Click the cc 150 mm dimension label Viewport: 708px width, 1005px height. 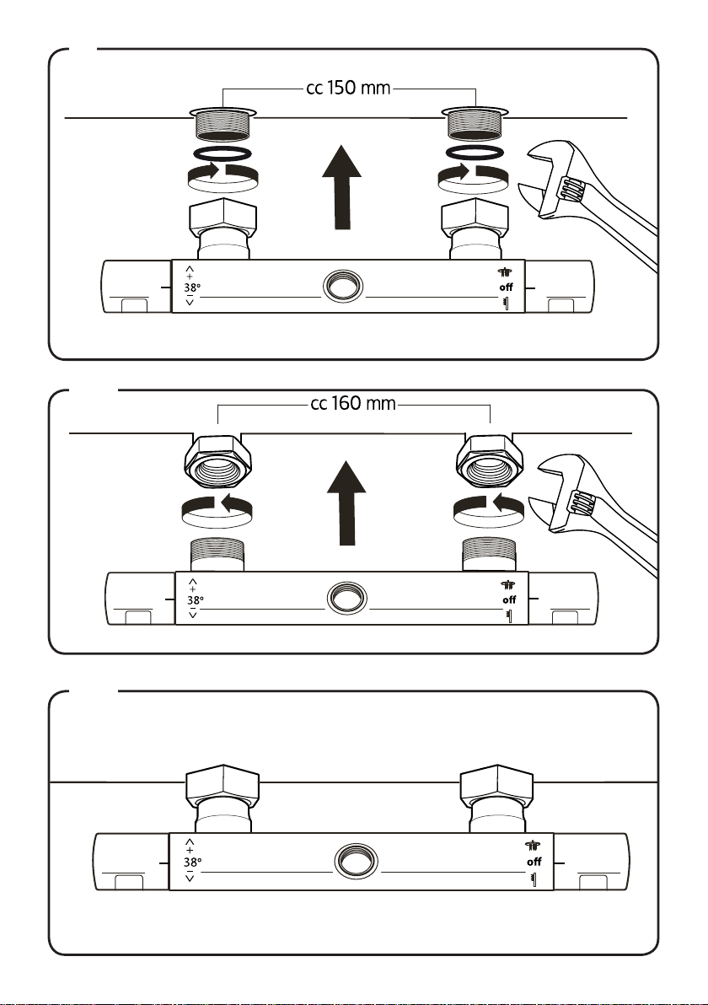click(348, 88)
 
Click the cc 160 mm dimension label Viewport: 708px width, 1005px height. click(353, 404)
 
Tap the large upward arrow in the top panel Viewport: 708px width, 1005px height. click(341, 187)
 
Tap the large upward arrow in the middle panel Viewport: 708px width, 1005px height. click(346, 503)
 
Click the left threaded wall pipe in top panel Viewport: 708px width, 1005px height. click(222, 123)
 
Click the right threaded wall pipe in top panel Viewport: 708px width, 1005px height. click(475, 123)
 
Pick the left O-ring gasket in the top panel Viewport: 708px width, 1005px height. click(222, 154)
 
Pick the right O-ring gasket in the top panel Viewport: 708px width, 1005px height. click(475, 153)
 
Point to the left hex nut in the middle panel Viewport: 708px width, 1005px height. click(217, 460)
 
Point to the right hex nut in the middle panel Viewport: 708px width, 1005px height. click(489, 460)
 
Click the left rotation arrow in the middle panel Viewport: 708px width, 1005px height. click(217, 509)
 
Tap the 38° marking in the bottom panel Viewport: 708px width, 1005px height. click(192, 862)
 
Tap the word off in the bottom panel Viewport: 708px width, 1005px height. click(534, 862)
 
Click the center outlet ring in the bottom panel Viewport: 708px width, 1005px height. click(357, 860)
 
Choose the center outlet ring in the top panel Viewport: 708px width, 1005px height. click(343, 286)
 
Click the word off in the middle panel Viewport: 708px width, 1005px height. click(509, 600)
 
